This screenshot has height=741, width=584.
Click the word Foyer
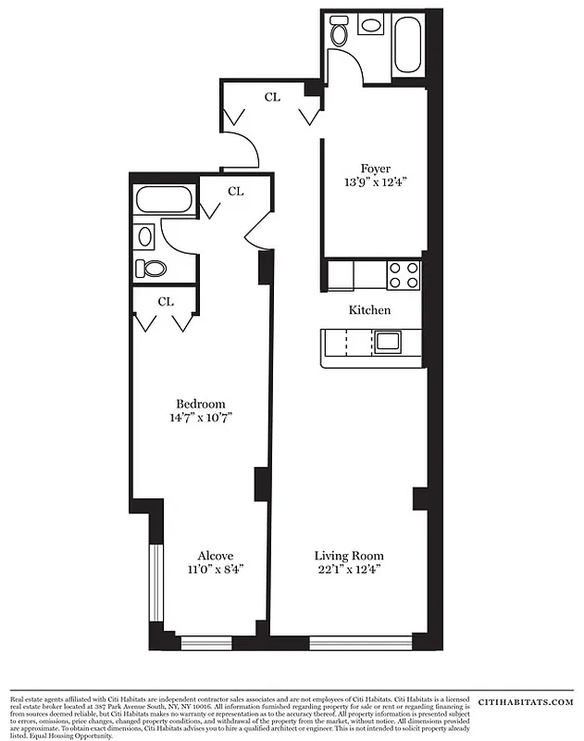point(375,169)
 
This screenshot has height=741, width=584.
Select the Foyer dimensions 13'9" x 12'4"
point(375,182)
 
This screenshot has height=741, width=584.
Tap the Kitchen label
point(369,310)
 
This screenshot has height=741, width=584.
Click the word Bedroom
point(201,404)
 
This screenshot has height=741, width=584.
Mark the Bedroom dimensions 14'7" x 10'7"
point(201,418)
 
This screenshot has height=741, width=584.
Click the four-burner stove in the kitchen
point(404,275)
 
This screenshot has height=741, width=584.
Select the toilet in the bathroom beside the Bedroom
point(151,269)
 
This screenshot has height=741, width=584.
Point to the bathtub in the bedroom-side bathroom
point(163,199)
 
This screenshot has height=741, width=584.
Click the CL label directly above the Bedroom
point(166,301)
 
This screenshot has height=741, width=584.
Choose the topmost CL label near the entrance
point(272,95)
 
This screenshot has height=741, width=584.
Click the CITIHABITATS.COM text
point(525,704)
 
